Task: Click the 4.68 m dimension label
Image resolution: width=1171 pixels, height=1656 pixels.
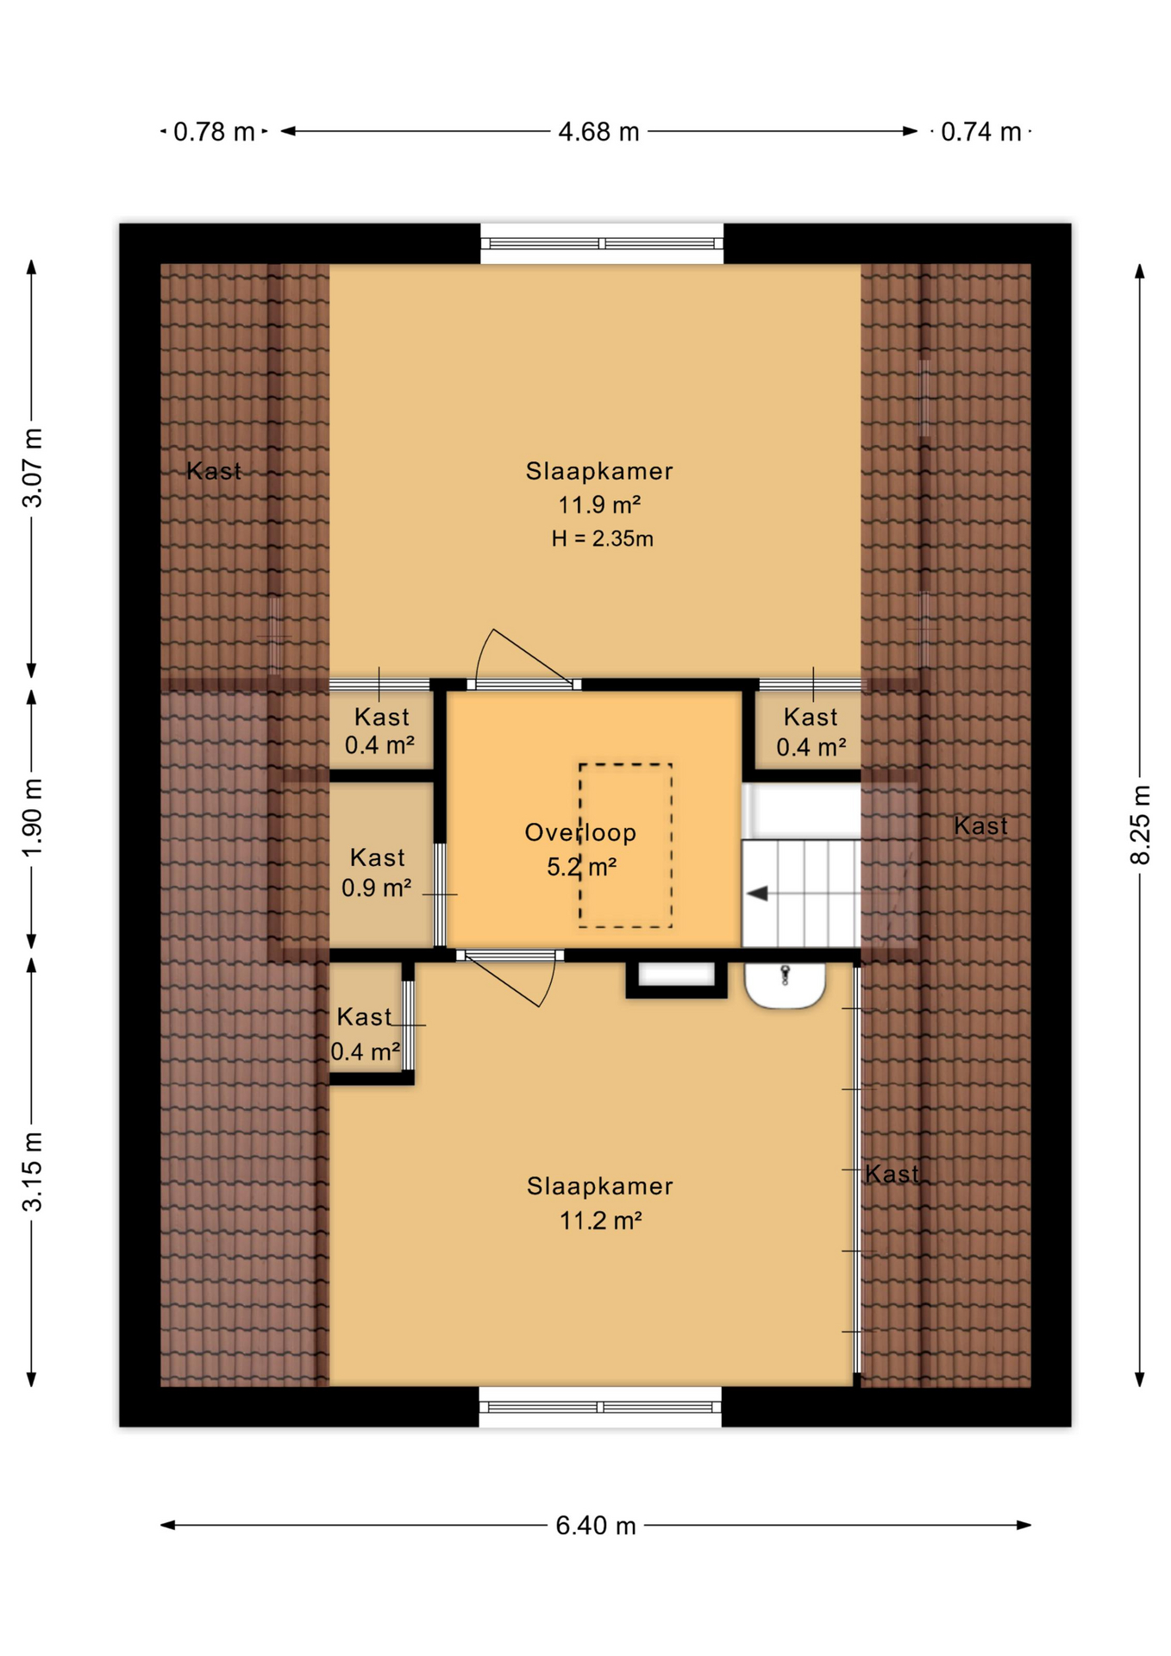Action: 598,132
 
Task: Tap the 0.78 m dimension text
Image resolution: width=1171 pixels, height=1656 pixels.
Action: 214,132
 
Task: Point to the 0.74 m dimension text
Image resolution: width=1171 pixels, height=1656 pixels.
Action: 980,132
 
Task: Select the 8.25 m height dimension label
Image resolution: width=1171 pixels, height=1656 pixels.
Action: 1140,825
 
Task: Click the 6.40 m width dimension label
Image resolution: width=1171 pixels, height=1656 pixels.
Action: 596,1526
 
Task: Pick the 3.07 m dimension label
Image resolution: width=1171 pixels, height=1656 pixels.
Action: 32,467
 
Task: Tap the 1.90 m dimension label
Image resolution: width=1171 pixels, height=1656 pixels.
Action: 32,818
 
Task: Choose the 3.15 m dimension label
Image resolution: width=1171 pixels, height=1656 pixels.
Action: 32,1171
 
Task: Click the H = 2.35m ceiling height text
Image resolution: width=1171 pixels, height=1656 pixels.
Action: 603,539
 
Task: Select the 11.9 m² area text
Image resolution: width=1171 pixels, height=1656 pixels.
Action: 599,505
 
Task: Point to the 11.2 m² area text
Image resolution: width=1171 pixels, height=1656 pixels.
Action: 600,1220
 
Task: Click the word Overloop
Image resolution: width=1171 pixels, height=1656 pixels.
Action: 580,832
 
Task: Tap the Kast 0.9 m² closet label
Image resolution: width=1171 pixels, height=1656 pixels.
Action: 377,872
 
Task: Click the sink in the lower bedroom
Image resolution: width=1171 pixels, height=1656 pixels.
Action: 785,986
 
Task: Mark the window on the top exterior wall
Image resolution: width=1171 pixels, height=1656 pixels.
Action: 602,244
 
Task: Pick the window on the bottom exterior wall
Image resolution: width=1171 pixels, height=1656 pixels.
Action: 600,1407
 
